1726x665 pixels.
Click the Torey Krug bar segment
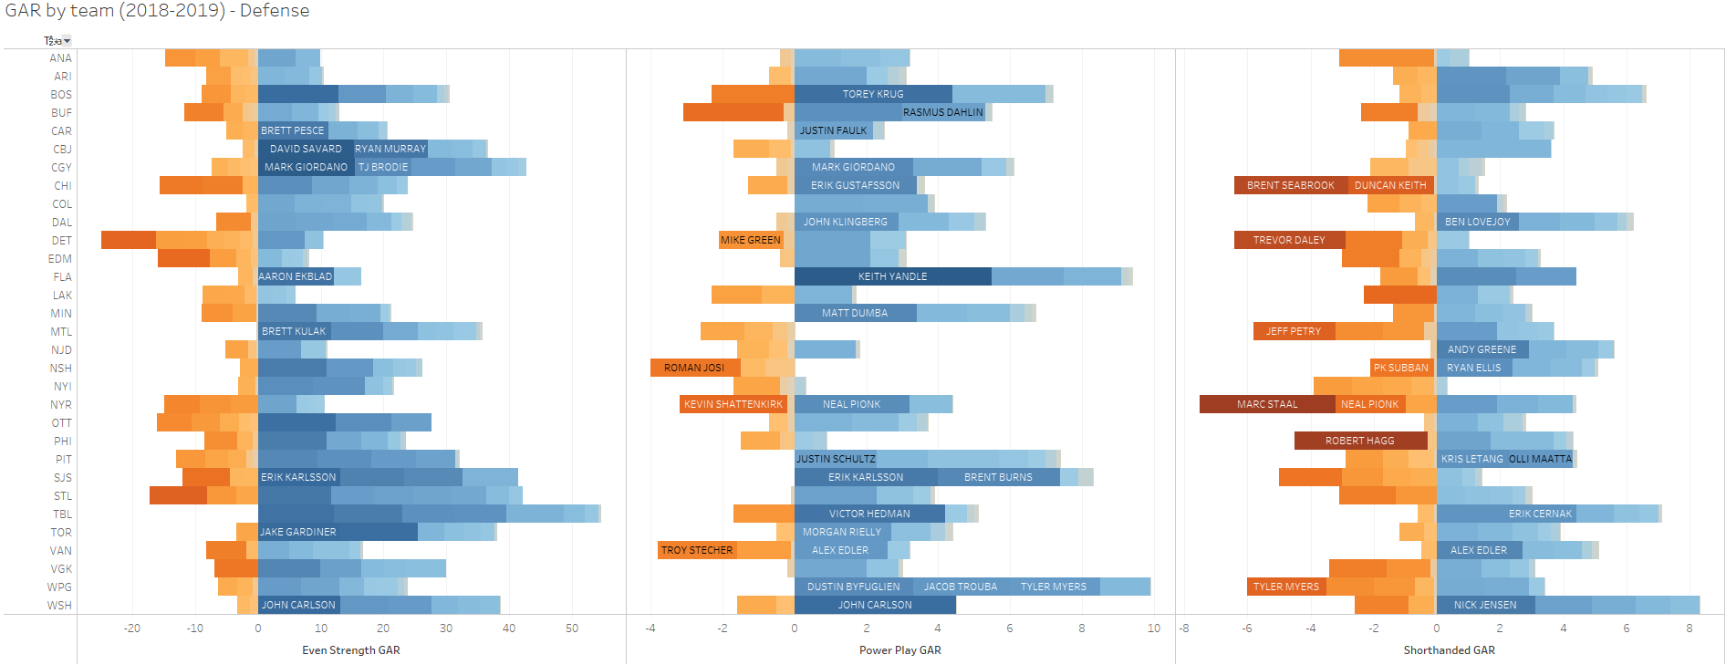pyautogui.click(x=873, y=94)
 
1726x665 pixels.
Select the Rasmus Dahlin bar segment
pyautogui.click(x=943, y=112)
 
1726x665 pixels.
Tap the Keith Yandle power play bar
pyautogui.click(x=892, y=276)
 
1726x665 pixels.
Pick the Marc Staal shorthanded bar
pyautogui.click(x=1267, y=404)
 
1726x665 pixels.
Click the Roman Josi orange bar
pyautogui.click(x=694, y=368)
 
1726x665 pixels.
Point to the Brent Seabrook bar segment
pyautogui.click(x=1291, y=185)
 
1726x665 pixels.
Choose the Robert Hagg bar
pyautogui.click(x=1360, y=441)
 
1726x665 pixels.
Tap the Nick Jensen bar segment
pyautogui.click(x=1485, y=605)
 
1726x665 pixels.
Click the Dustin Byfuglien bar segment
pyautogui.click(x=853, y=587)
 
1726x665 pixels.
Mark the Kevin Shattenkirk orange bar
pyautogui.click(x=733, y=404)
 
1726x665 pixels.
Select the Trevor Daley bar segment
pyautogui.click(x=1289, y=240)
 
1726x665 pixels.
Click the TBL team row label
pyautogui.click(x=62, y=514)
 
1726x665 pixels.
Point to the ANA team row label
pyautogui.click(x=60, y=58)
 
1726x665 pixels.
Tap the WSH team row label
pyautogui.click(x=59, y=606)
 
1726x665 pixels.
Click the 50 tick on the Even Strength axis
pyautogui.click(x=572, y=629)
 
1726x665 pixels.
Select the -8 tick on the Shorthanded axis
pyautogui.click(x=1184, y=629)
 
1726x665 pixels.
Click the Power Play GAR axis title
pyautogui.click(x=899, y=650)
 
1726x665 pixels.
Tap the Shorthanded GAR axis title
pyautogui.click(x=1449, y=650)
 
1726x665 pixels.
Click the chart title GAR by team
pyautogui.click(x=157, y=11)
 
